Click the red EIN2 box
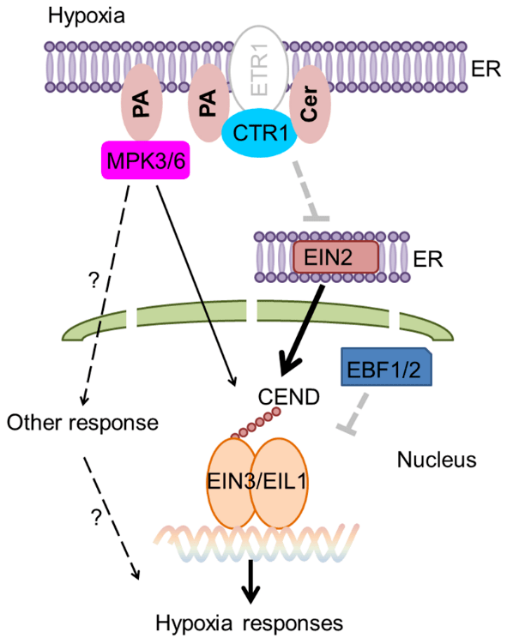[x=335, y=256]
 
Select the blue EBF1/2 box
[x=384, y=369]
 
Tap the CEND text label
[x=287, y=396]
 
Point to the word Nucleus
[x=436, y=460]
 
